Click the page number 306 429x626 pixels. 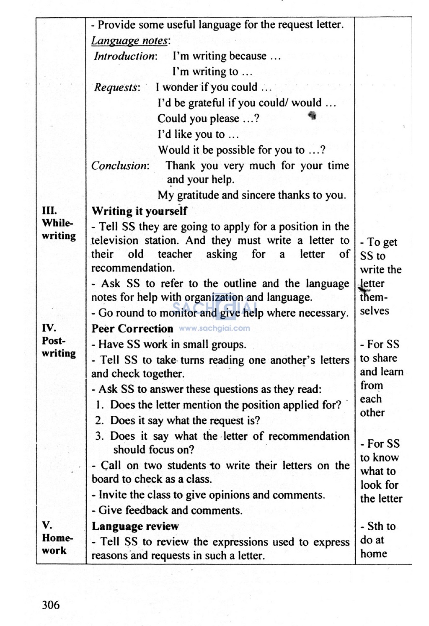point(51,605)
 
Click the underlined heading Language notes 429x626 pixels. point(130,41)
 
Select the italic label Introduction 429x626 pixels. point(125,56)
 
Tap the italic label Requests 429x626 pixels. point(116,88)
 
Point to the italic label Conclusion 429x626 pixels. point(120,166)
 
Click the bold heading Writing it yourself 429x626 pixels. point(139,211)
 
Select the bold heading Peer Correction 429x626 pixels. point(132,329)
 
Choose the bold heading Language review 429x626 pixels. point(135,526)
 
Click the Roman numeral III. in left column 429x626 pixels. point(49,210)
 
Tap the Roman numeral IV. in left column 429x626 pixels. point(49,328)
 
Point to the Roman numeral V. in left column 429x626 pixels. point(47,525)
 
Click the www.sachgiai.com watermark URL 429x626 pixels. point(214,328)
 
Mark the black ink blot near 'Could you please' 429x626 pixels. point(312,115)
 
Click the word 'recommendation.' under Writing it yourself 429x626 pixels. point(133,268)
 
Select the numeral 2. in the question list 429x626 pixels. point(99,420)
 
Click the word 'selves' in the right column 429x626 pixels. point(375,311)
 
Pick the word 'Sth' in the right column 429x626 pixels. point(375,526)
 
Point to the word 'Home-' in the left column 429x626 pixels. point(57,538)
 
